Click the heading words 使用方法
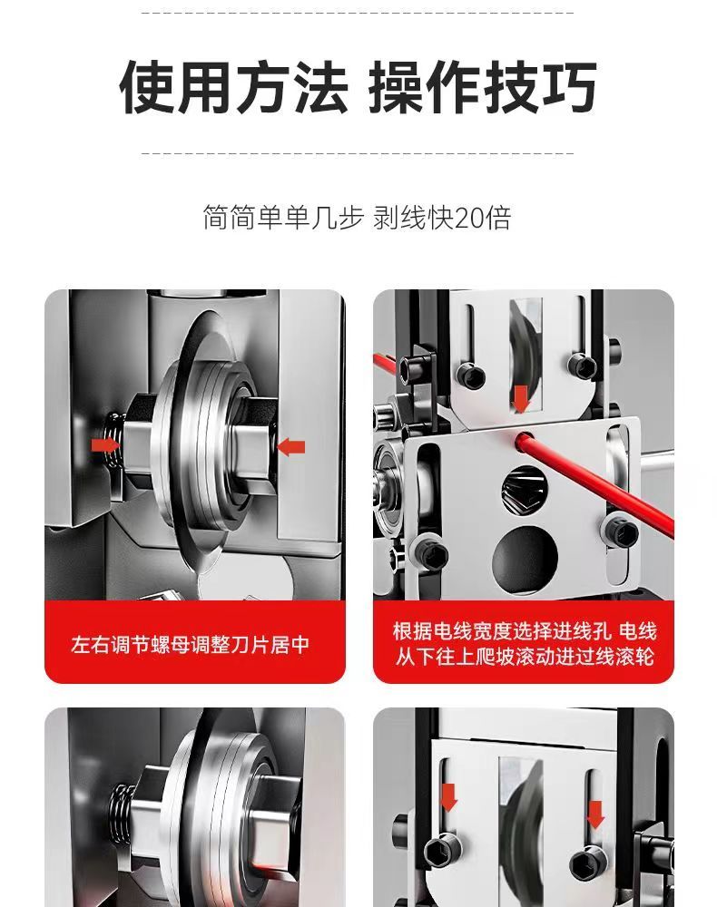[x=234, y=86]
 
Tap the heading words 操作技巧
[x=482, y=86]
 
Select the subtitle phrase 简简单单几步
[x=283, y=218]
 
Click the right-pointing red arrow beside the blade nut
[x=106, y=444]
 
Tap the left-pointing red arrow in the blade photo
[x=291, y=446]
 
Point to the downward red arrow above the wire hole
[x=521, y=398]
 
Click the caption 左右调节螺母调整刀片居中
[x=190, y=644]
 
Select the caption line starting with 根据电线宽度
[x=525, y=630]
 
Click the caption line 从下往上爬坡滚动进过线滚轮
[x=525, y=657]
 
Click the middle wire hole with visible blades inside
[x=524, y=490]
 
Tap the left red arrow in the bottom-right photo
[x=449, y=797]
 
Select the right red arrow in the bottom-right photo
[x=595, y=814]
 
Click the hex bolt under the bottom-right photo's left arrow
[x=441, y=852]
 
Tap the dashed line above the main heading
[x=358, y=12]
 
